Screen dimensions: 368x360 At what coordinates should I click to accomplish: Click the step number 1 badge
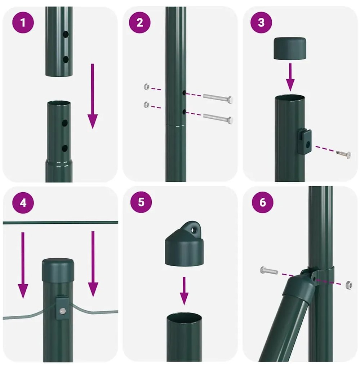coord(23,23)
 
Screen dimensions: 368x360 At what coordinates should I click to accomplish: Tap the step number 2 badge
coord(139,23)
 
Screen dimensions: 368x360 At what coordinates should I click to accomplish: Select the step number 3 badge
coord(261,23)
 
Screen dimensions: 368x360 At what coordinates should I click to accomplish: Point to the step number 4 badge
coord(23,202)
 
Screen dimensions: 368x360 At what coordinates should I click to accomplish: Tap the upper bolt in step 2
coord(218,97)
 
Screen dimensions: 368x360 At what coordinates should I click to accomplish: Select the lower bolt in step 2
coord(218,117)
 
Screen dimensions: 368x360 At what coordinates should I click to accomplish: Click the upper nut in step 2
coord(147,87)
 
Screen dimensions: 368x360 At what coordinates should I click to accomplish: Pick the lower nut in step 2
coord(146,105)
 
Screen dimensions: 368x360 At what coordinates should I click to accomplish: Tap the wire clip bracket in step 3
coord(305,142)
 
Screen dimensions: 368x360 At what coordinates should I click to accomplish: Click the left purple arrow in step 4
coord(23,265)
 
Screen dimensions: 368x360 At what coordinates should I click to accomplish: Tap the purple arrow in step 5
coord(184,290)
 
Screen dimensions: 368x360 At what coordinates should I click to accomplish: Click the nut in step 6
coord(348,285)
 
